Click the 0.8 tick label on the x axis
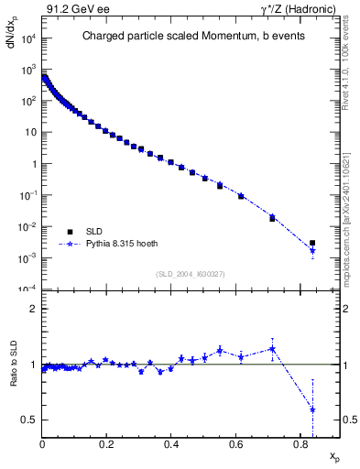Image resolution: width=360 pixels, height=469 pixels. [x=300, y=446]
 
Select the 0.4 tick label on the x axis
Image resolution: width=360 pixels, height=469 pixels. [x=171, y=446]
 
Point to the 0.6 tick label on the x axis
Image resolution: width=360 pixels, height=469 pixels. [x=235, y=446]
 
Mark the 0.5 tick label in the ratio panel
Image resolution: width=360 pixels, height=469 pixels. [x=29, y=420]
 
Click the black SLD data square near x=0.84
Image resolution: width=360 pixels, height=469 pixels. [x=312, y=243]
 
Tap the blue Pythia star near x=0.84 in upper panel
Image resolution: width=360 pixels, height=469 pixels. [x=312, y=251]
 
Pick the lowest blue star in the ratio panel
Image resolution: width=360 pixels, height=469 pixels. [x=312, y=409]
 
